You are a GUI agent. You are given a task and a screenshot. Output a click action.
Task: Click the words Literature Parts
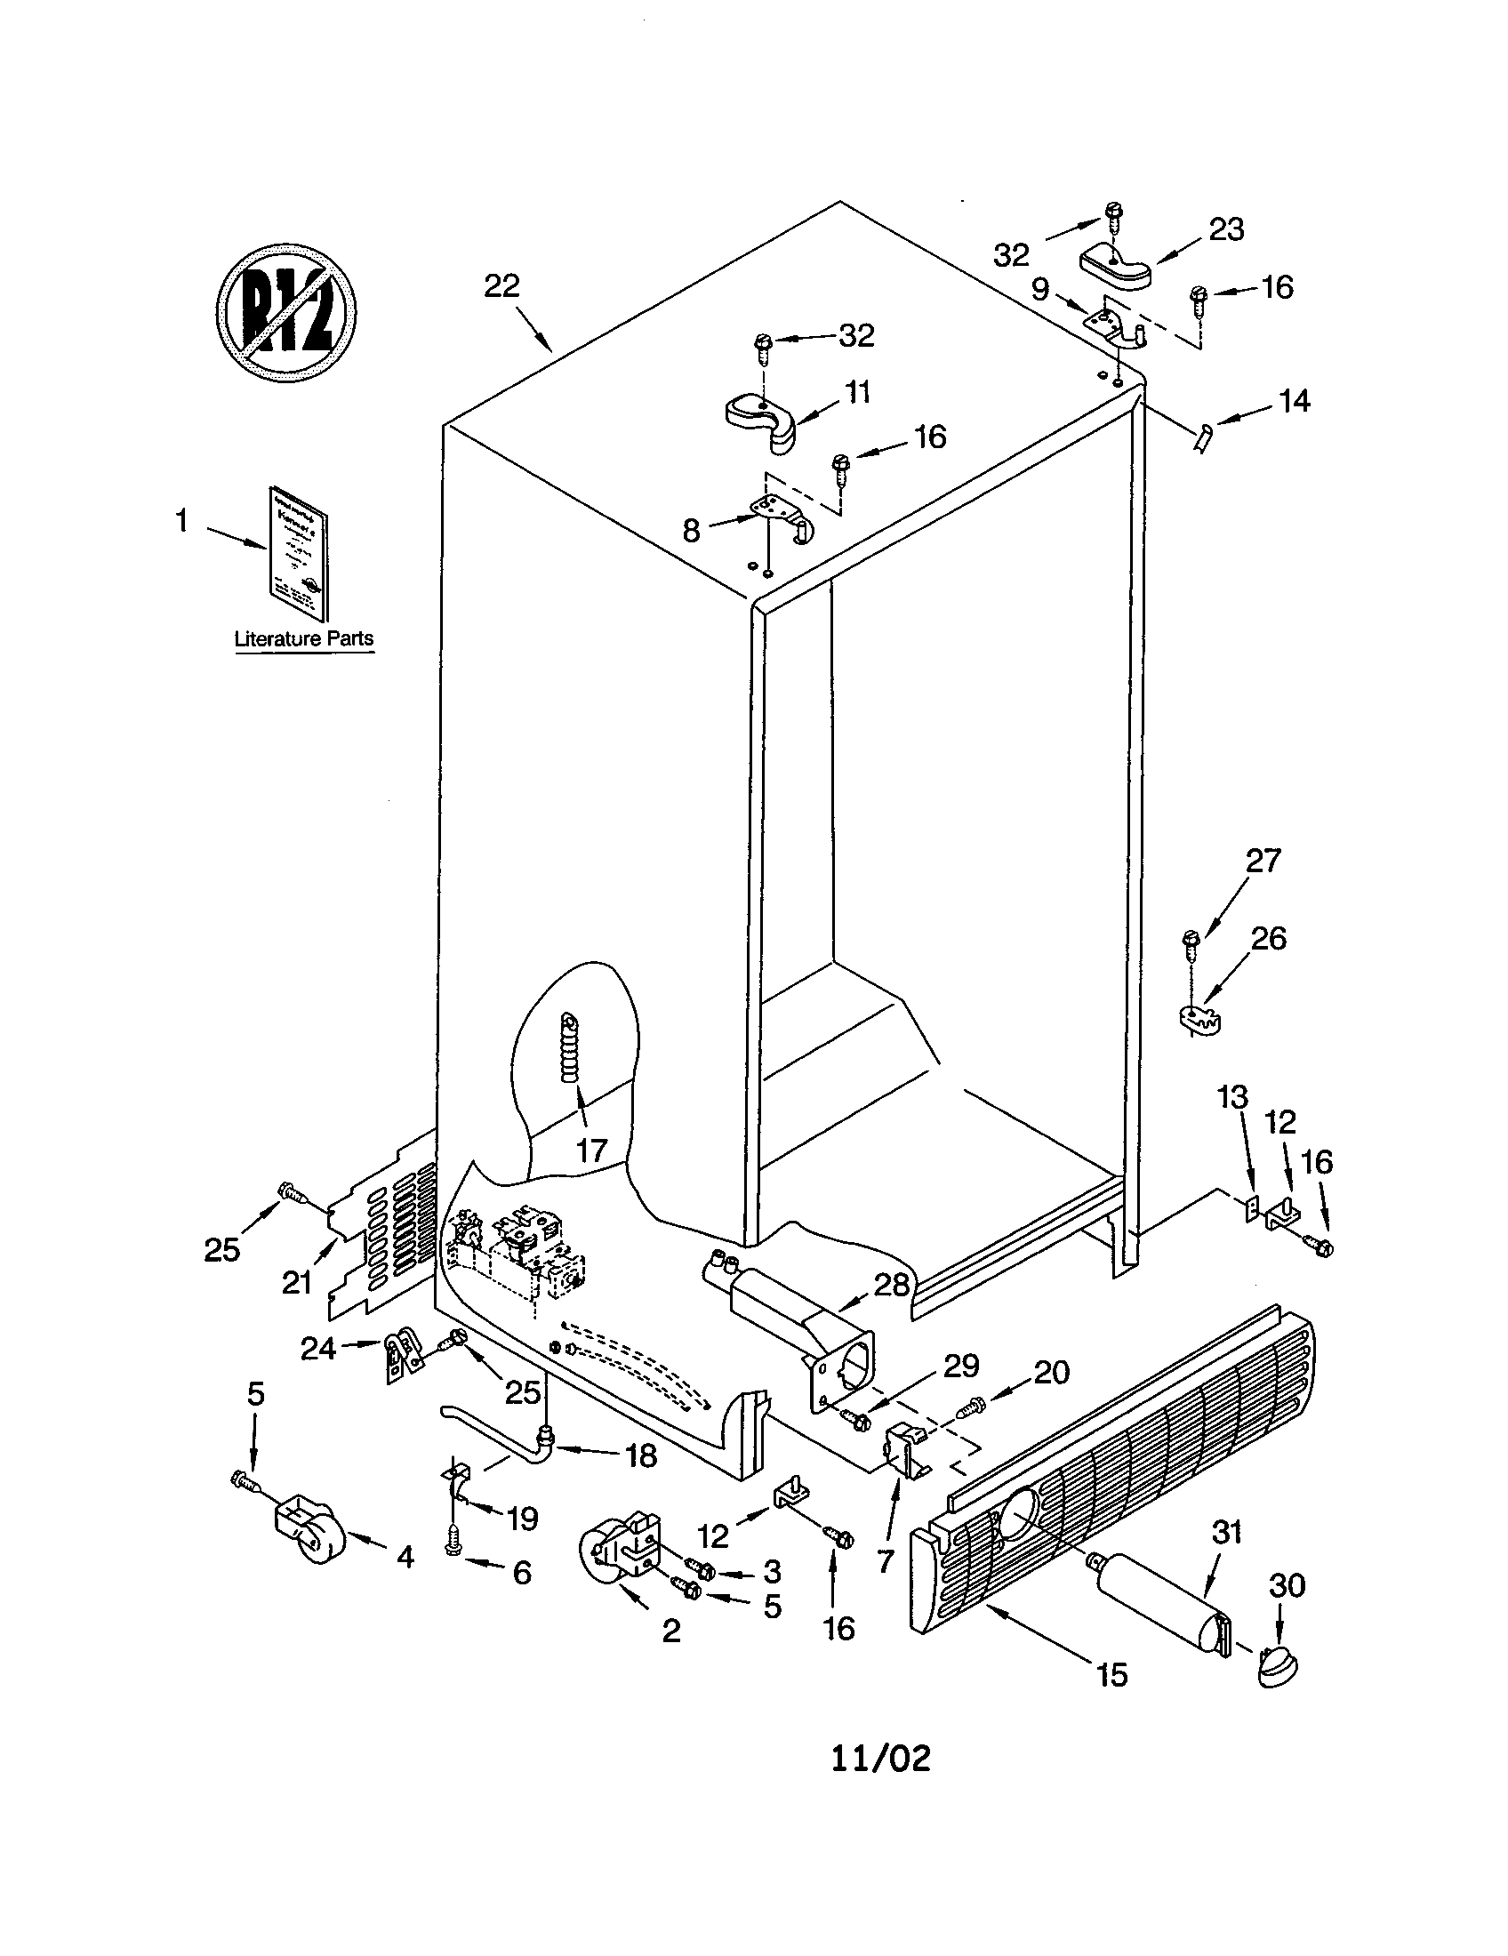pos(303,639)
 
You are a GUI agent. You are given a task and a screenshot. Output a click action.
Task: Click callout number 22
pos(502,286)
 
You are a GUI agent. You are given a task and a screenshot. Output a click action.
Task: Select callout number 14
pos(1294,400)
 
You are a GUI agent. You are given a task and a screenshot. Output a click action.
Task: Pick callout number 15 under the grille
pos(1111,1674)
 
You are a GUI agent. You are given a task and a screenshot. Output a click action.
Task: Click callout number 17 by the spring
pos(591,1150)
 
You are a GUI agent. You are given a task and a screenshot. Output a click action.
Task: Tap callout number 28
pos(892,1286)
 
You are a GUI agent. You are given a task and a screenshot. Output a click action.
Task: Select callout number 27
pos(1263,861)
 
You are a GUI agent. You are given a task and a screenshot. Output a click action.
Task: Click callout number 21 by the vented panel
pos(296,1283)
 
